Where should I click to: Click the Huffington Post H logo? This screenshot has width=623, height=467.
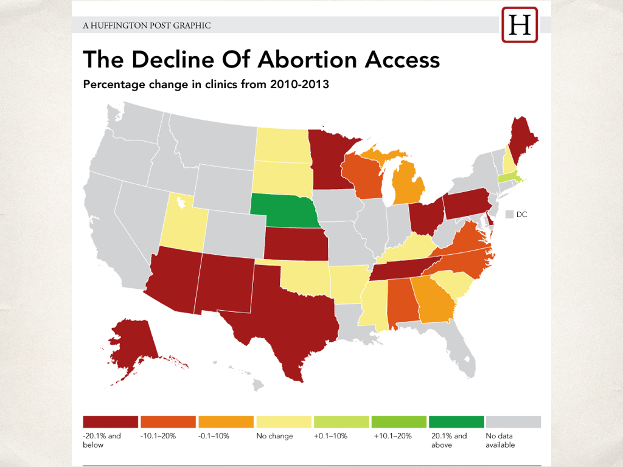coord(520,24)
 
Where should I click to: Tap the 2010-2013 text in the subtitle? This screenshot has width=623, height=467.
coord(299,84)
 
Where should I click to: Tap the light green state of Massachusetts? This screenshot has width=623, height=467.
coord(510,177)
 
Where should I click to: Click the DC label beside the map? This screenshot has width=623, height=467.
coord(521,215)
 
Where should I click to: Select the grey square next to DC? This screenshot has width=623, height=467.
coord(509,215)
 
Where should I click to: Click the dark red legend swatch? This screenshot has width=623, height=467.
coord(111,422)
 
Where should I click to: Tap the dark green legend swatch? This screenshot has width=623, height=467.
coord(456,422)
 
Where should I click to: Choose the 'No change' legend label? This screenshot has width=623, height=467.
coord(274,436)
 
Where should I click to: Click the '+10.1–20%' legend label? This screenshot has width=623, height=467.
coord(392,436)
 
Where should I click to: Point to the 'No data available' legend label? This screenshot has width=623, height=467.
coord(500,440)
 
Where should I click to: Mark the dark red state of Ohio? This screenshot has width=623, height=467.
coord(426,216)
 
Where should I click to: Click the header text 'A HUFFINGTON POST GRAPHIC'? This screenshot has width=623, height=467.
coord(147,26)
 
